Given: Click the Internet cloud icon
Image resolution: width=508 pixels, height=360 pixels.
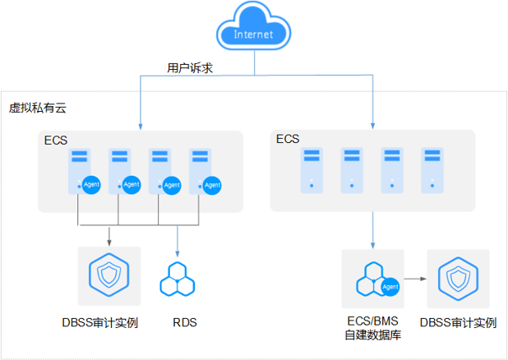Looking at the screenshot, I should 253,34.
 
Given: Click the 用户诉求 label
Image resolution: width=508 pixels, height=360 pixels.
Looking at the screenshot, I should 190,69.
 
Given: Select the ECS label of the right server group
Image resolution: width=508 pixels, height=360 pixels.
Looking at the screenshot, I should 288,139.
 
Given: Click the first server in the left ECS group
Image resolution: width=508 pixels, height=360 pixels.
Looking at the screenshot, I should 80,169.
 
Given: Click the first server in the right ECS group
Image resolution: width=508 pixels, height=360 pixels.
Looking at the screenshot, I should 312,169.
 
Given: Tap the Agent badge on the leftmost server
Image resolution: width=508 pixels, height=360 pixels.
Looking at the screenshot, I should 92,186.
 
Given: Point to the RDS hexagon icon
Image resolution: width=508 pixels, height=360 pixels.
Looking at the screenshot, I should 178,279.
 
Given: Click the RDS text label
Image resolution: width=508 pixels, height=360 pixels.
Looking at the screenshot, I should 185,322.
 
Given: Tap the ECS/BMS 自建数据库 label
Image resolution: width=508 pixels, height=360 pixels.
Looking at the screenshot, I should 372,329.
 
